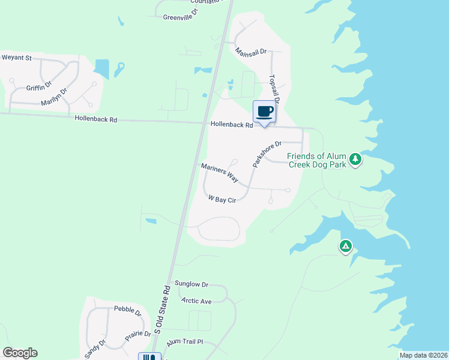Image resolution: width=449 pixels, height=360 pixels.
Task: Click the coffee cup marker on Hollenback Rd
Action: coord(265,112)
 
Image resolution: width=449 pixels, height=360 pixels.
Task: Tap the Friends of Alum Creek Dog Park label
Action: coord(318,160)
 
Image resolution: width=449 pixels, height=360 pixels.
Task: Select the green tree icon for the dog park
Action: coord(357,159)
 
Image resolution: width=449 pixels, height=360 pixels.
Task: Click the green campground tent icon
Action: coord(345,246)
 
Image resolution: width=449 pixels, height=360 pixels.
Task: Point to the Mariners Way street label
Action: coord(220,173)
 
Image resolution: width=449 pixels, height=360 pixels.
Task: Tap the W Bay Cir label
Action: coord(221,199)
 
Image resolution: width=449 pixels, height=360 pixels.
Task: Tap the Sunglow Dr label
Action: coord(191,284)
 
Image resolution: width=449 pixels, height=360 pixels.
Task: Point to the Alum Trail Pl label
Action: coord(185,341)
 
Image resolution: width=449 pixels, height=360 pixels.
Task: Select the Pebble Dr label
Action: coord(127,311)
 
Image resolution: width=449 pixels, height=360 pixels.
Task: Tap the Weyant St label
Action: coord(16,58)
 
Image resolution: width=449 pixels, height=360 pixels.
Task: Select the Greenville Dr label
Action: coord(180,17)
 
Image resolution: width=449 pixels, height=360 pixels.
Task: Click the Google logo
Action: coord(20,353)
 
